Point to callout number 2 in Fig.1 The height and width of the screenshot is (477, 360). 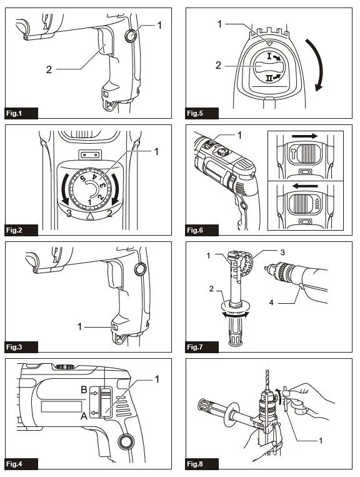click(x=49, y=69)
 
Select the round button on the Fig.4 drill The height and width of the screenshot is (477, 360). click(x=125, y=441)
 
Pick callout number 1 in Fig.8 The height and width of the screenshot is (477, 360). click(x=321, y=441)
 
